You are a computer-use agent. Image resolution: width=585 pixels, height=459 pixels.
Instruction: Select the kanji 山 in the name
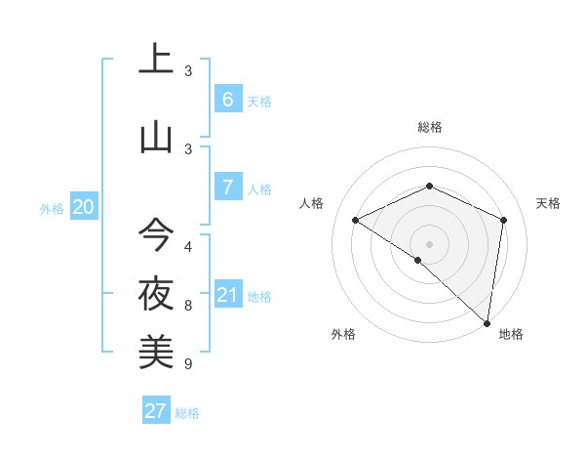156,136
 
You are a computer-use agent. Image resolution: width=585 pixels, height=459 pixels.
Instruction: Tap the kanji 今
156,234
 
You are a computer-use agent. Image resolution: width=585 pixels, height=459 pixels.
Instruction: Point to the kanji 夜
156,293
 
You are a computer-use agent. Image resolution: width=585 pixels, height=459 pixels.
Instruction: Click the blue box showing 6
227,99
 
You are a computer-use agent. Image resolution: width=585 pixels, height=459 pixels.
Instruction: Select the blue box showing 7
227,187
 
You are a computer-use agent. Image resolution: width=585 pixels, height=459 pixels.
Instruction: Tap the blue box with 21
227,294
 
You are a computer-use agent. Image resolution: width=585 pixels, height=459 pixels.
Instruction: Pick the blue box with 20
84,206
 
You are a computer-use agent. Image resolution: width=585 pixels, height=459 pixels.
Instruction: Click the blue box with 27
156,410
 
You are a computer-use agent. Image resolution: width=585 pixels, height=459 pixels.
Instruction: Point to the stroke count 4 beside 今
188,246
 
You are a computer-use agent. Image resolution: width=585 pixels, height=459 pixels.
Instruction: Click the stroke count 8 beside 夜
188,306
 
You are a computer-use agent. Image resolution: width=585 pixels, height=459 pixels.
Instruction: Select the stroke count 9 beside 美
188,364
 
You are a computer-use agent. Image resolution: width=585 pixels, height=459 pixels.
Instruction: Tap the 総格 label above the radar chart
429,127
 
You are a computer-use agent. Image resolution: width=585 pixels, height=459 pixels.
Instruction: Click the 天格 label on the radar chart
548,203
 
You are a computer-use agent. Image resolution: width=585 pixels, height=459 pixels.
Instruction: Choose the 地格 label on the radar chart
511,334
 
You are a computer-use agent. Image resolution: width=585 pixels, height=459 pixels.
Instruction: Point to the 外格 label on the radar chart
343,334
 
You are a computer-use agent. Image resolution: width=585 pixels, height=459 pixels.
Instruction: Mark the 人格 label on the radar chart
312,203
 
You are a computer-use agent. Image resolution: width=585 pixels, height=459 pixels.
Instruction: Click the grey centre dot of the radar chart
429,243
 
